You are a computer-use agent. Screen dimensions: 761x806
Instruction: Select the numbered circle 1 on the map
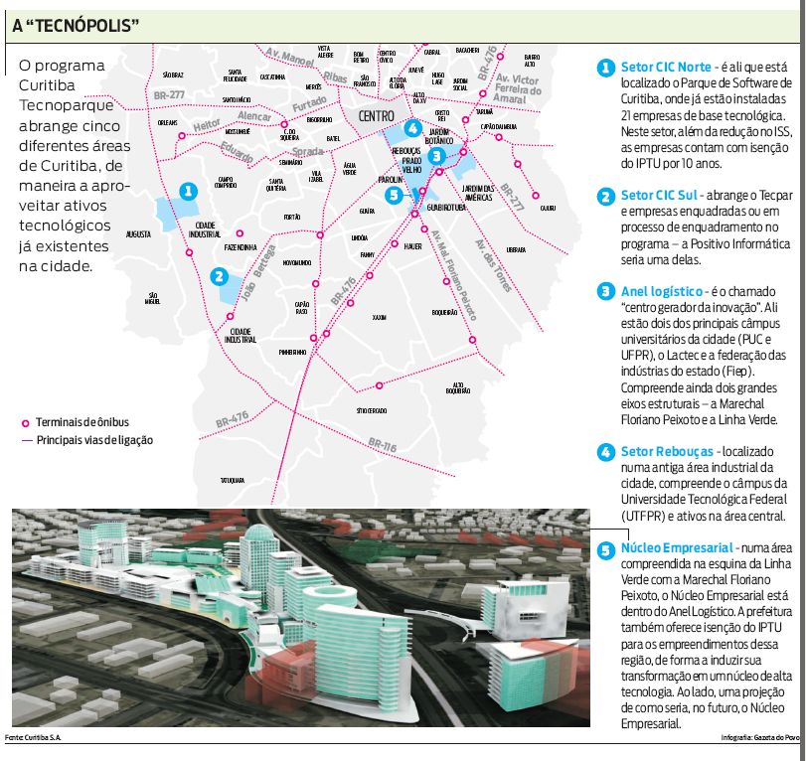click(x=187, y=191)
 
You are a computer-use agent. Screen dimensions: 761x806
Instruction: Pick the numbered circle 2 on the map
click(x=220, y=278)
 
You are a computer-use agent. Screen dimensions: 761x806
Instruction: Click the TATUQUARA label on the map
click(x=233, y=479)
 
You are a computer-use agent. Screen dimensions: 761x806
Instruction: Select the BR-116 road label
click(x=382, y=447)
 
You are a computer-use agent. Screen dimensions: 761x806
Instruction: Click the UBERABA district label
click(x=516, y=249)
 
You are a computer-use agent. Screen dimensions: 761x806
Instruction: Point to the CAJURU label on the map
click(x=548, y=208)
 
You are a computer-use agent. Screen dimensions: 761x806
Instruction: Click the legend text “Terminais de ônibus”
click(x=82, y=422)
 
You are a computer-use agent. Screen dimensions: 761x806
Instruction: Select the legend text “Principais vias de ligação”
click(x=95, y=439)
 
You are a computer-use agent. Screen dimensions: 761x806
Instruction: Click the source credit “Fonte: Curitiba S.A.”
click(x=30, y=737)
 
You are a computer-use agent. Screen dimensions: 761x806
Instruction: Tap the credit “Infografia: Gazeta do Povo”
click(x=759, y=738)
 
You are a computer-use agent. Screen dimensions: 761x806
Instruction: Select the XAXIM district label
click(x=379, y=318)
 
